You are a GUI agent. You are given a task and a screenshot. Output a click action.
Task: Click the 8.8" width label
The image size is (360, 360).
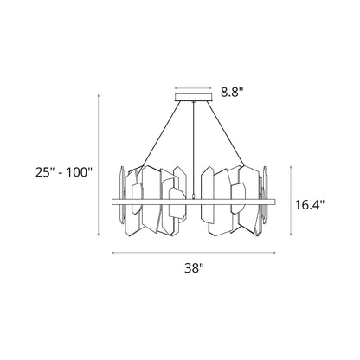231,89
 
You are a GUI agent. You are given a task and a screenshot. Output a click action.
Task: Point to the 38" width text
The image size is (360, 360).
194,267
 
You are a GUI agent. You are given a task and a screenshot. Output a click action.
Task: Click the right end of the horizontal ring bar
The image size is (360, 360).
273,201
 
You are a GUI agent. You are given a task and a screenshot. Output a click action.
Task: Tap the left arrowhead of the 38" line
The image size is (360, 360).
113,253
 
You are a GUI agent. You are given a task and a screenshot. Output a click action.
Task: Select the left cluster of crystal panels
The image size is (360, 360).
156,201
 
